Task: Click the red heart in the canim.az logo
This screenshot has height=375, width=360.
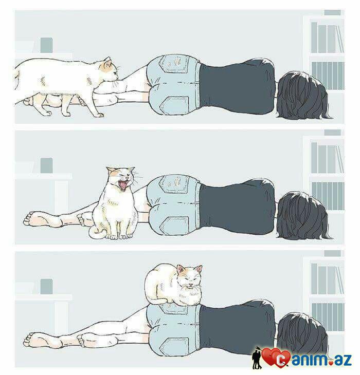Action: click(x=271, y=357)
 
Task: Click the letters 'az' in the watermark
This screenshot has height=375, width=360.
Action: click(x=344, y=360)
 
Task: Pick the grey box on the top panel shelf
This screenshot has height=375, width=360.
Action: click(x=46, y=45)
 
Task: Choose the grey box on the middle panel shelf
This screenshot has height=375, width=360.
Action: click(x=46, y=165)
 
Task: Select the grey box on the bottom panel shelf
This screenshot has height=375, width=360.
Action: click(x=46, y=287)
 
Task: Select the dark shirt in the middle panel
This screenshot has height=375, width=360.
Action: click(x=237, y=207)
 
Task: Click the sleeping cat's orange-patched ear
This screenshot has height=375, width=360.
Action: click(x=181, y=269)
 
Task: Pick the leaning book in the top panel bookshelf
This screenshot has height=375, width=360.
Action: click(x=339, y=39)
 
